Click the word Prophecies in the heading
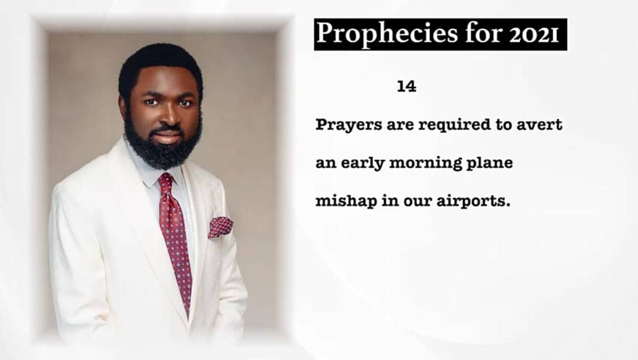tap(386, 34)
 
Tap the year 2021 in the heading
tap(533, 35)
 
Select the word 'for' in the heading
tap(483, 33)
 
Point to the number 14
tap(406, 86)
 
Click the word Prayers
tap(349, 125)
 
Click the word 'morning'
tap(426, 164)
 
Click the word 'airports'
tap(473, 202)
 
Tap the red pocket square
tap(220, 227)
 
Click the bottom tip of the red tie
tap(188, 317)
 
